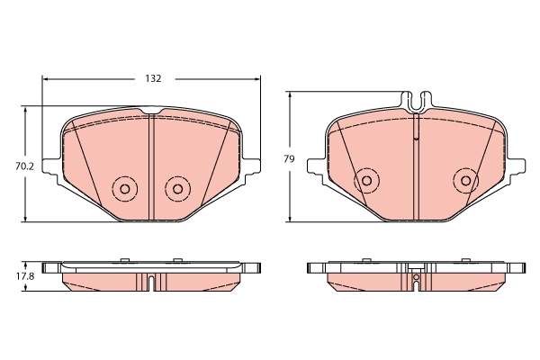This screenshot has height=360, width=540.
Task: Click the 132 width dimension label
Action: click(x=153, y=79)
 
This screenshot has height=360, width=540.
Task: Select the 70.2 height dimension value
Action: click(x=13, y=166)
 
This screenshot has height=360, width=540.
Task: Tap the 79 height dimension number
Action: click(x=289, y=158)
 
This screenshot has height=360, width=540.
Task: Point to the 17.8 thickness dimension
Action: click(x=13, y=276)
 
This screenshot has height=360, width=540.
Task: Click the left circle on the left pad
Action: click(x=122, y=189)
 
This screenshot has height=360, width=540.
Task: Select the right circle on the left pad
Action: click(x=177, y=189)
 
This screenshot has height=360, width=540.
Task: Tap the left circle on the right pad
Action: click(x=365, y=179)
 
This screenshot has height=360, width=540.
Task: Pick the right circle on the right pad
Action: click(x=465, y=179)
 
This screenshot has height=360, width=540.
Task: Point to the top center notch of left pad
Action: click(x=151, y=112)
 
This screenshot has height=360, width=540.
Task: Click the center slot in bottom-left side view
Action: click(x=151, y=282)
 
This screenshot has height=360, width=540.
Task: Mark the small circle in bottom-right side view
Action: click(x=416, y=278)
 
